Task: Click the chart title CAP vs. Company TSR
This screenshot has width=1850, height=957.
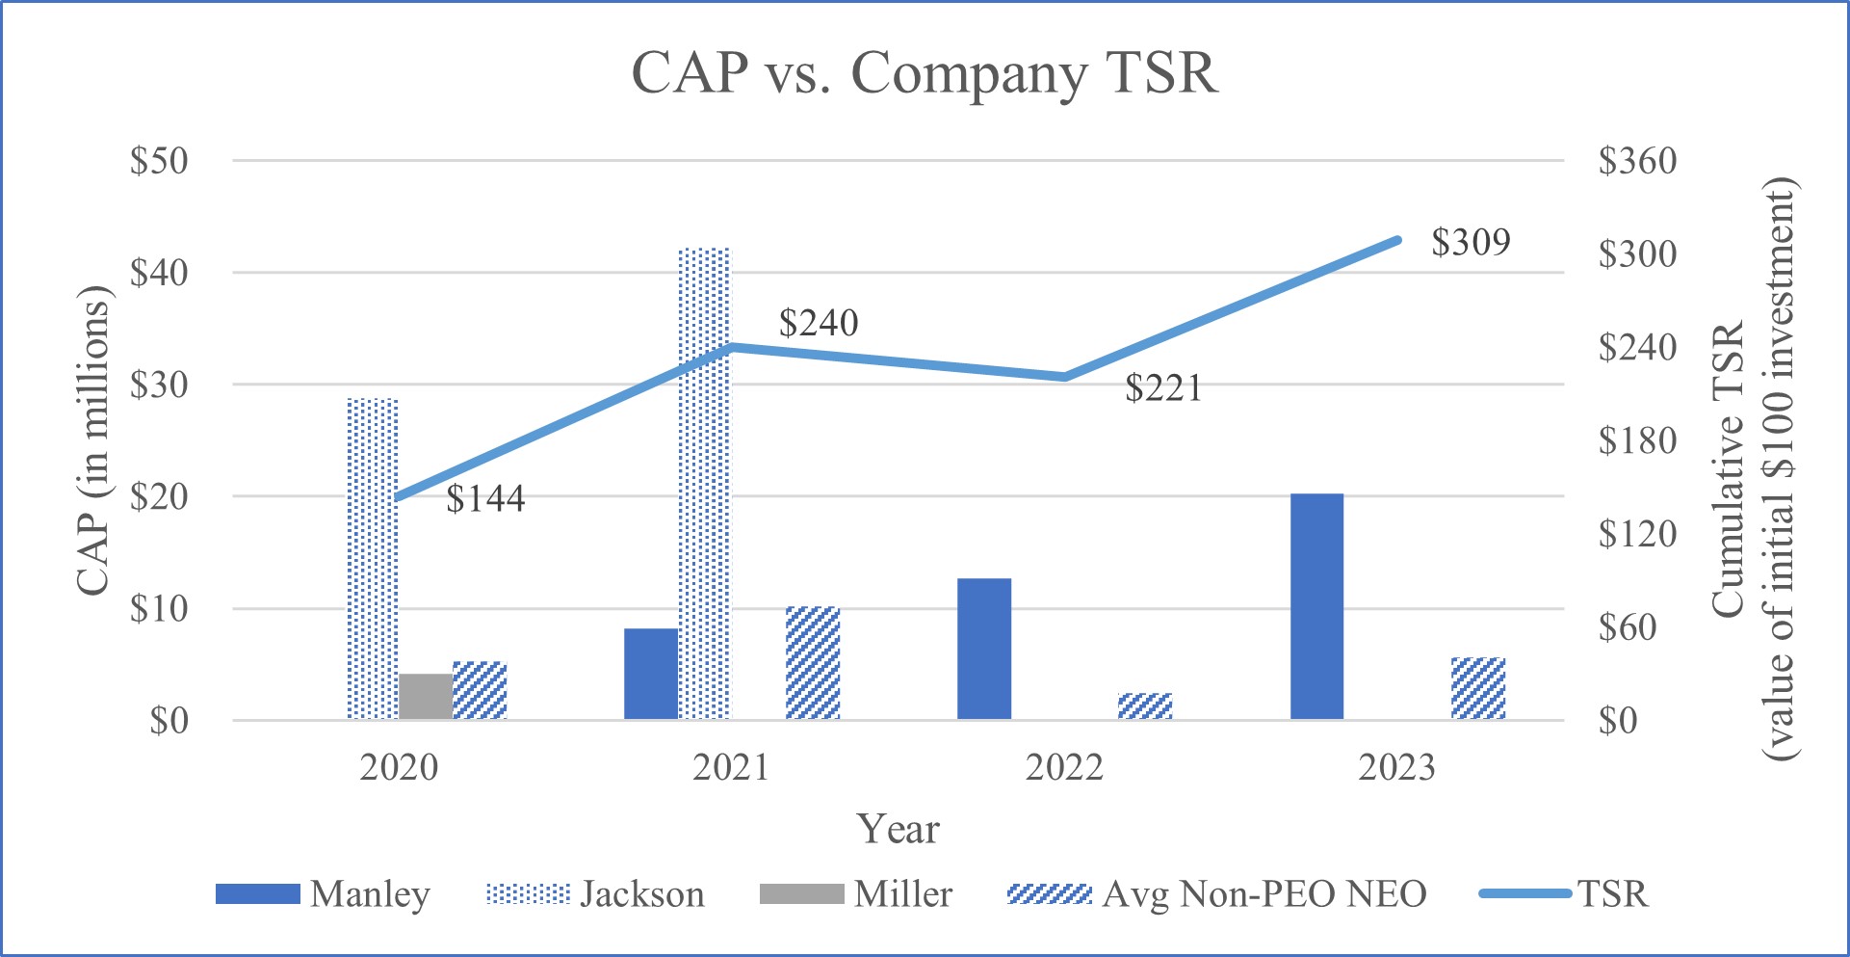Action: [x=924, y=72]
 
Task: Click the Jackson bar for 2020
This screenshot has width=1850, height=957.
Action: [x=372, y=559]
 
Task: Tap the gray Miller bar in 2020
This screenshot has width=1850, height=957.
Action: [x=426, y=697]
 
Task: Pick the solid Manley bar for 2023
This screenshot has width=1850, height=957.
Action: [x=1316, y=607]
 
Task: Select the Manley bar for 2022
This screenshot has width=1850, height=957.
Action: [x=984, y=650]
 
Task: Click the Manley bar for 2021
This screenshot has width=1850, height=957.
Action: [x=651, y=675]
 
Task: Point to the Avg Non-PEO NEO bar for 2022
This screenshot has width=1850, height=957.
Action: [x=1145, y=706]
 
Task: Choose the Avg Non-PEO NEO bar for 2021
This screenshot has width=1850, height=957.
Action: [x=813, y=663]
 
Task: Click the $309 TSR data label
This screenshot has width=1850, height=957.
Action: [x=1471, y=242]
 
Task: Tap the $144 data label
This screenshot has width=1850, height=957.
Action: [x=485, y=498]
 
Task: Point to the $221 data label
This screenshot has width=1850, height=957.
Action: [x=1163, y=388]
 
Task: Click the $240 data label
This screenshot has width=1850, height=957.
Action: [x=819, y=323]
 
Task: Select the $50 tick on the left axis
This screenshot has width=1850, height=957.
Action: [x=159, y=161]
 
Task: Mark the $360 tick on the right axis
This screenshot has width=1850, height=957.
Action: [x=1637, y=161]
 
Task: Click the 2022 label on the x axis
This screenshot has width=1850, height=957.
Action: [x=1064, y=768]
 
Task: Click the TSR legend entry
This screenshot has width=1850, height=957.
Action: [x=1564, y=894]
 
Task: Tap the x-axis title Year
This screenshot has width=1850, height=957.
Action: [x=899, y=829]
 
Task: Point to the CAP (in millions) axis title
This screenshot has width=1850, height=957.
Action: [x=93, y=441]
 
